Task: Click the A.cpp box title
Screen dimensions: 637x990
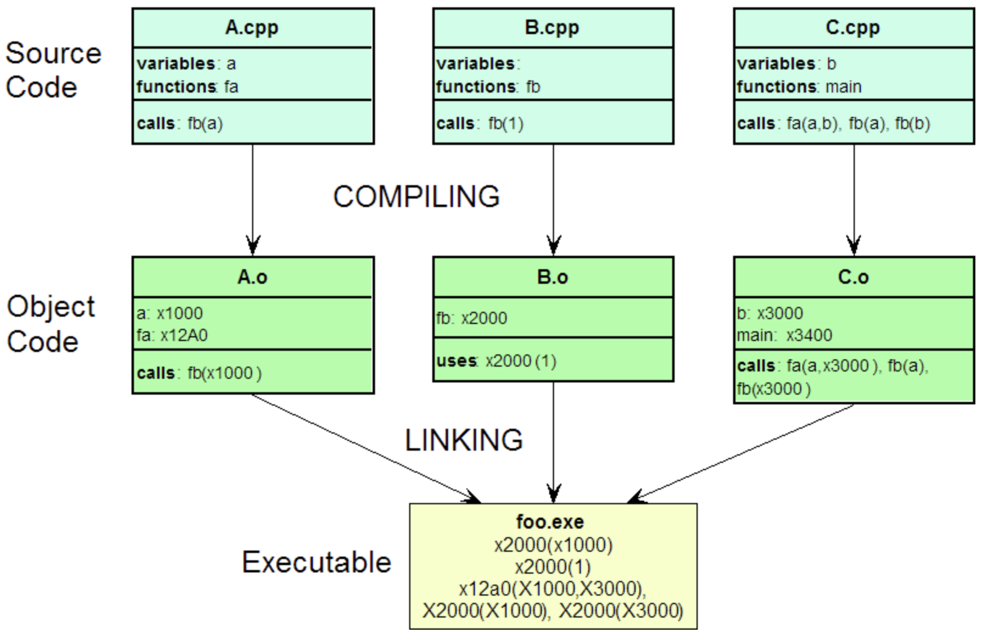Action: coord(252,28)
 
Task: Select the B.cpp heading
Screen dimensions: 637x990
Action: coord(552,28)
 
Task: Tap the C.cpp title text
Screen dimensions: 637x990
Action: coord(852,28)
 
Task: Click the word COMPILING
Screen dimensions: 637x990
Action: coord(416,197)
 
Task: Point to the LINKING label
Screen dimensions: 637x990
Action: coord(464,440)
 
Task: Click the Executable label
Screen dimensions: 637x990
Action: coord(317,562)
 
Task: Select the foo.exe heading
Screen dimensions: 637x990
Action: coord(550,522)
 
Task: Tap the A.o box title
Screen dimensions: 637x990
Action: coord(252,277)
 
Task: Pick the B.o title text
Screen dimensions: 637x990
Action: coord(552,277)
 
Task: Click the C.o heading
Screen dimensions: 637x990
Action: coord(853,277)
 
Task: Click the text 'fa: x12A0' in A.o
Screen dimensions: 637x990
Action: coord(172,336)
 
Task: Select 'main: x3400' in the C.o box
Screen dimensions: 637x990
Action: coord(784,336)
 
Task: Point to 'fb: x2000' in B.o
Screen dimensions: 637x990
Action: coord(472,318)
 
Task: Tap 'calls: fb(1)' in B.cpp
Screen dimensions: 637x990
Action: coord(480,124)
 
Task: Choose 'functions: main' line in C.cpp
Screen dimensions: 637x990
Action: coord(799,87)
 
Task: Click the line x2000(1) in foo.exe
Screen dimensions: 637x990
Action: coord(553,567)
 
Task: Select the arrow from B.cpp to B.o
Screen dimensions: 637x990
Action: coord(553,195)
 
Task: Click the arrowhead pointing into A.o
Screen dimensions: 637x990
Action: coord(253,246)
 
